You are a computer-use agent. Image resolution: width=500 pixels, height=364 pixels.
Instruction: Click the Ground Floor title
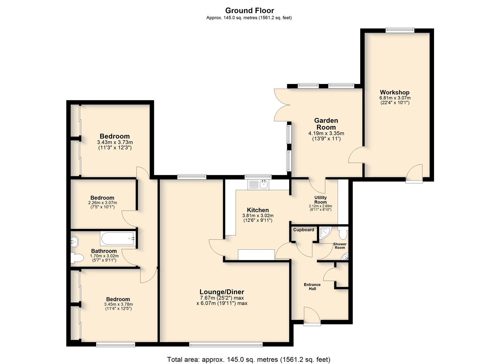pyautogui.click(x=249, y=10)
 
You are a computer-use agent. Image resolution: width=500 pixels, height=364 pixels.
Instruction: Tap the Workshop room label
pyautogui.click(x=395, y=92)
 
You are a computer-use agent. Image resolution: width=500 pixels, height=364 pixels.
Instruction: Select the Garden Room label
pyautogui.click(x=326, y=124)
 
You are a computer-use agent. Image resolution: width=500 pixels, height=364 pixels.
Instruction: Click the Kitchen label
pyautogui.click(x=258, y=210)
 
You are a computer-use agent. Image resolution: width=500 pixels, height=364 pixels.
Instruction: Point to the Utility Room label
pyautogui.click(x=321, y=200)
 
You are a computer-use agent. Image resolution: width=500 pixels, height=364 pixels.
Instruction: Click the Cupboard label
pyautogui.click(x=304, y=230)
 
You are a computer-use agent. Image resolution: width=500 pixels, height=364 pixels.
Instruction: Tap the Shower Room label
pyautogui.click(x=340, y=246)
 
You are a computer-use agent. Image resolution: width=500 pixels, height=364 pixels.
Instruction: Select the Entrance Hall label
pyautogui.click(x=312, y=287)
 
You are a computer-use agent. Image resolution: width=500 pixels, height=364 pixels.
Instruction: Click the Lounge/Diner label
pyautogui.click(x=222, y=292)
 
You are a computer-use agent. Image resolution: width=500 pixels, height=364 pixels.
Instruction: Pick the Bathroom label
pyautogui.click(x=104, y=251)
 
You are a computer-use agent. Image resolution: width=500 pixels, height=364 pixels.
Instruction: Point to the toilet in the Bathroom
pyautogui.click(x=77, y=258)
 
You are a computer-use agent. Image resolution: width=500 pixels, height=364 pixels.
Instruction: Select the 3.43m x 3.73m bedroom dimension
pyautogui.click(x=115, y=142)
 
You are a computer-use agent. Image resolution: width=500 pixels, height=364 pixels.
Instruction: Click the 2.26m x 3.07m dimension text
pyautogui.click(x=102, y=203)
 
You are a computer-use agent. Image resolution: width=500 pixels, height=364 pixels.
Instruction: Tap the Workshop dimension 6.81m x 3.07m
pyautogui.click(x=395, y=98)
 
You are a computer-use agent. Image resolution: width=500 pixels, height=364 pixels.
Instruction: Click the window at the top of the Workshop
pyautogui.click(x=400, y=30)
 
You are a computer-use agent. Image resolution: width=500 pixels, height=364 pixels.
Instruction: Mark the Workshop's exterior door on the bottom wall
pyautogui.click(x=414, y=173)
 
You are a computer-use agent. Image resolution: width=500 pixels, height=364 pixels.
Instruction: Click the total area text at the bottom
pyautogui.click(x=249, y=353)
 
